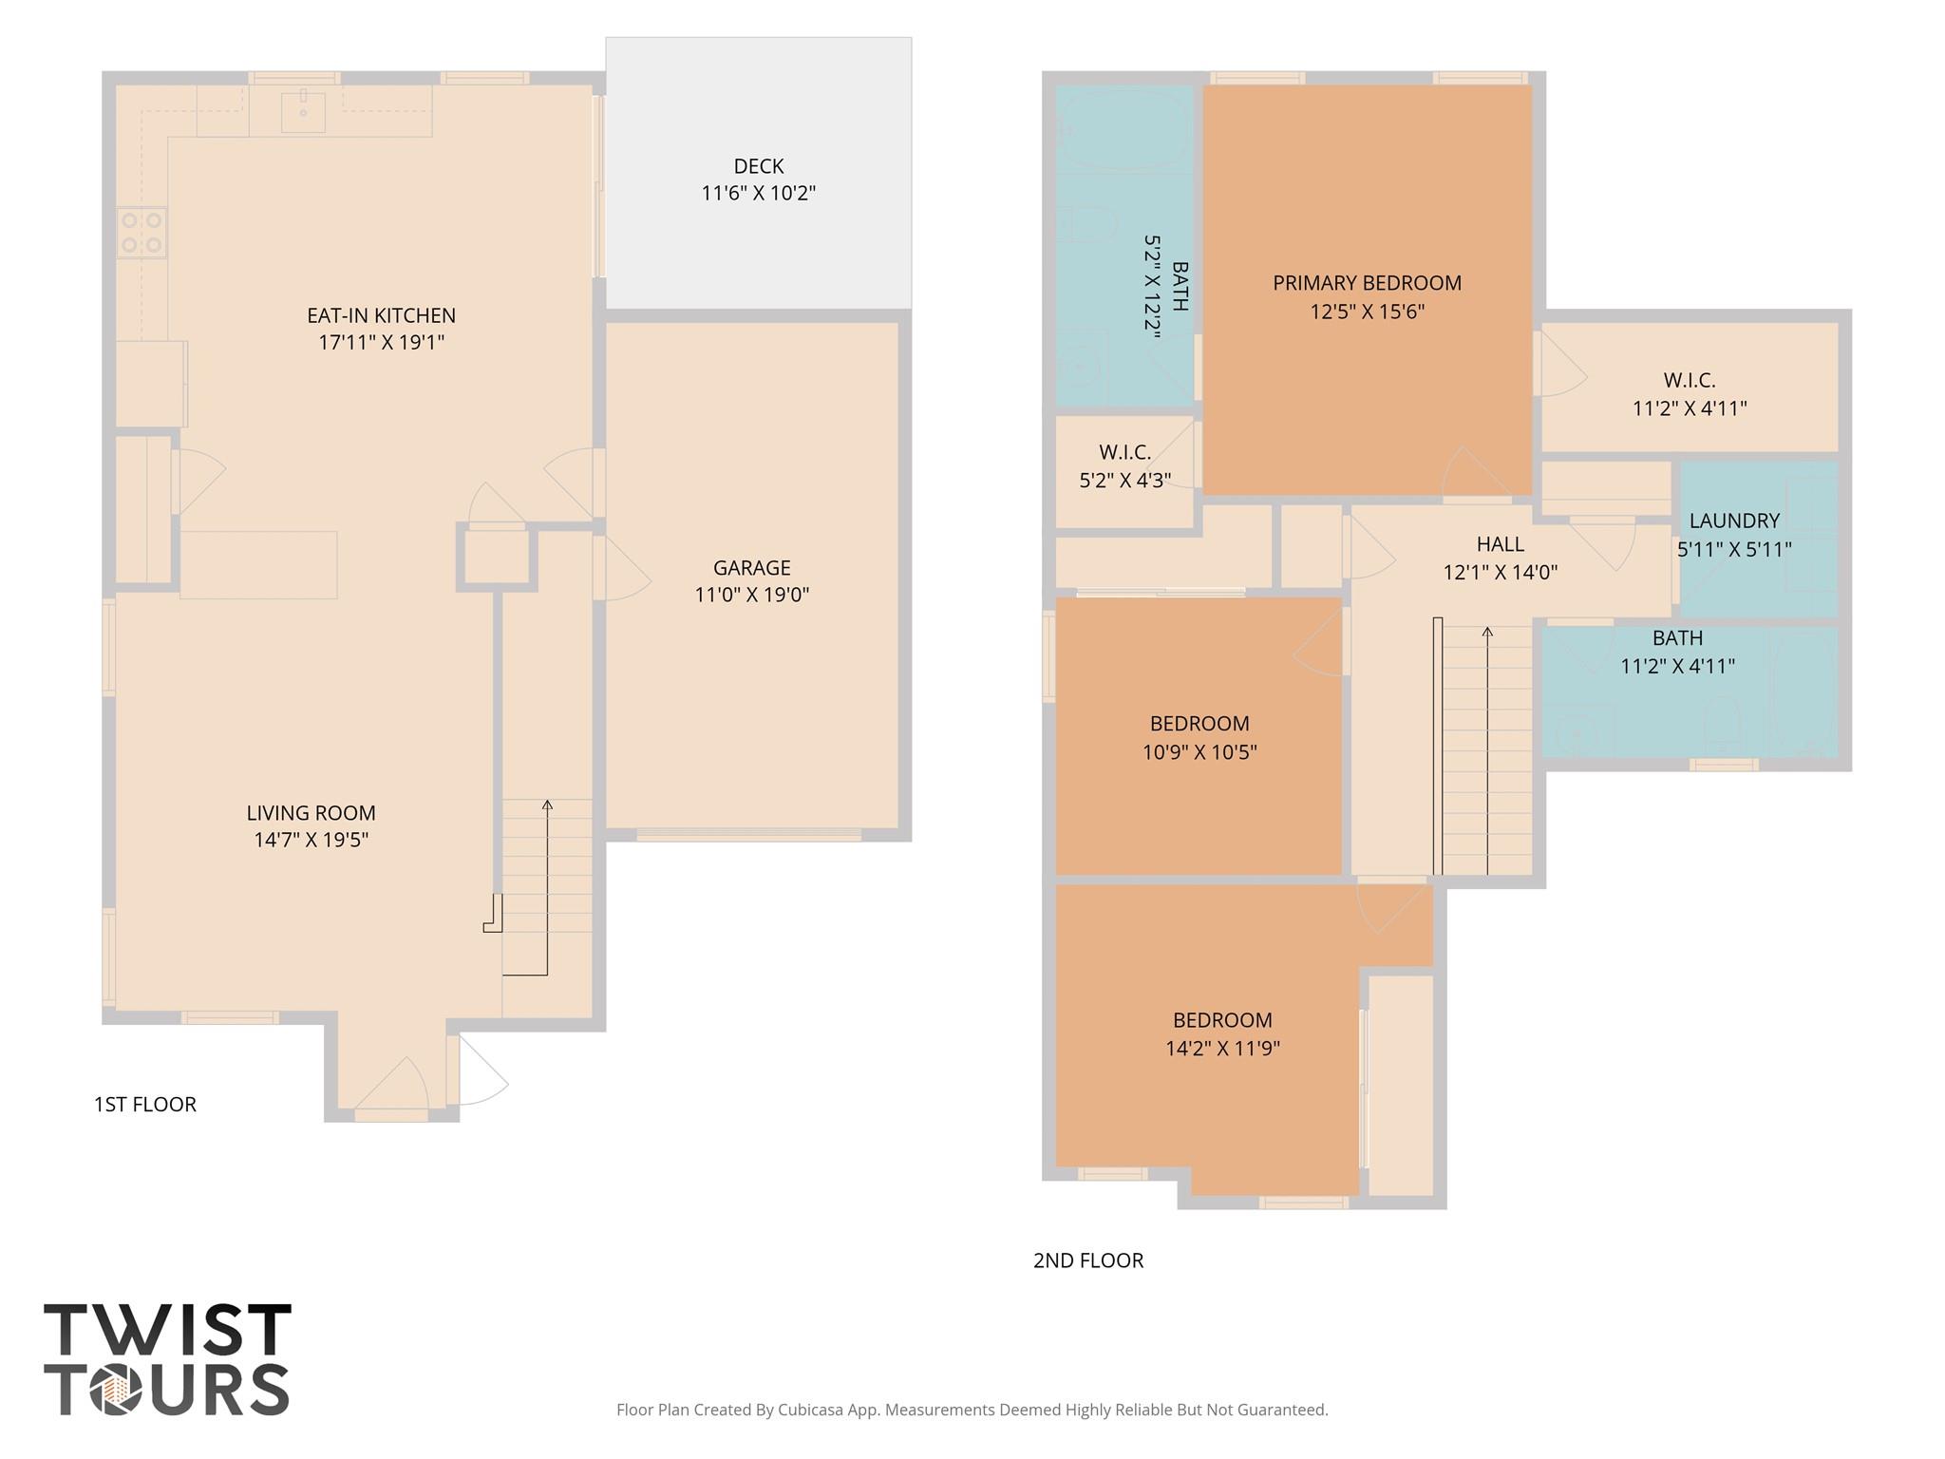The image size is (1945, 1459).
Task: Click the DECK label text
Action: (x=758, y=166)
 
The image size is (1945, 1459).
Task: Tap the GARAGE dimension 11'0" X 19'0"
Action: (x=751, y=596)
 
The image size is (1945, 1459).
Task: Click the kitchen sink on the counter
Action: (x=303, y=111)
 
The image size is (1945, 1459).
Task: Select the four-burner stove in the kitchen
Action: (x=142, y=233)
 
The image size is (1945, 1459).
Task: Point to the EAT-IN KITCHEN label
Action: (x=381, y=315)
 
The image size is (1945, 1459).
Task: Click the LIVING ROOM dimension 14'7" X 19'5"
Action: (x=311, y=840)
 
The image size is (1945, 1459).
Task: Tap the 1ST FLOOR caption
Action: (x=144, y=1104)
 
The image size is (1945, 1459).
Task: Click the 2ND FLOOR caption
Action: (x=1087, y=1260)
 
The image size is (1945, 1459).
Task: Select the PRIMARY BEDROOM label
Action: (x=1367, y=283)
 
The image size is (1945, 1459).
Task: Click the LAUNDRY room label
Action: (x=1733, y=521)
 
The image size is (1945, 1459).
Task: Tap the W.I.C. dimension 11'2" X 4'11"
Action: (x=1689, y=408)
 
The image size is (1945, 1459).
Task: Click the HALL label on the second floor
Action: (x=1500, y=544)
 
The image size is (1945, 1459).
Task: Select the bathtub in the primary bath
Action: (x=1124, y=129)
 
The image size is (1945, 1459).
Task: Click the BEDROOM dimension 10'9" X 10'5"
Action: (x=1199, y=752)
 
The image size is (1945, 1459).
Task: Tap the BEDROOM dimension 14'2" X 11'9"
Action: (x=1222, y=1049)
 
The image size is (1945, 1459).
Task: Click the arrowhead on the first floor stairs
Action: (x=547, y=805)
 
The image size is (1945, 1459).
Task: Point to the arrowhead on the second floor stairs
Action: (x=1487, y=632)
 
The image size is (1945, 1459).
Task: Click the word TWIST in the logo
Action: (x=167, y=1331)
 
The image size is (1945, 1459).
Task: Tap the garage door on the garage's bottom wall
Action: (x=748, y=835)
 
